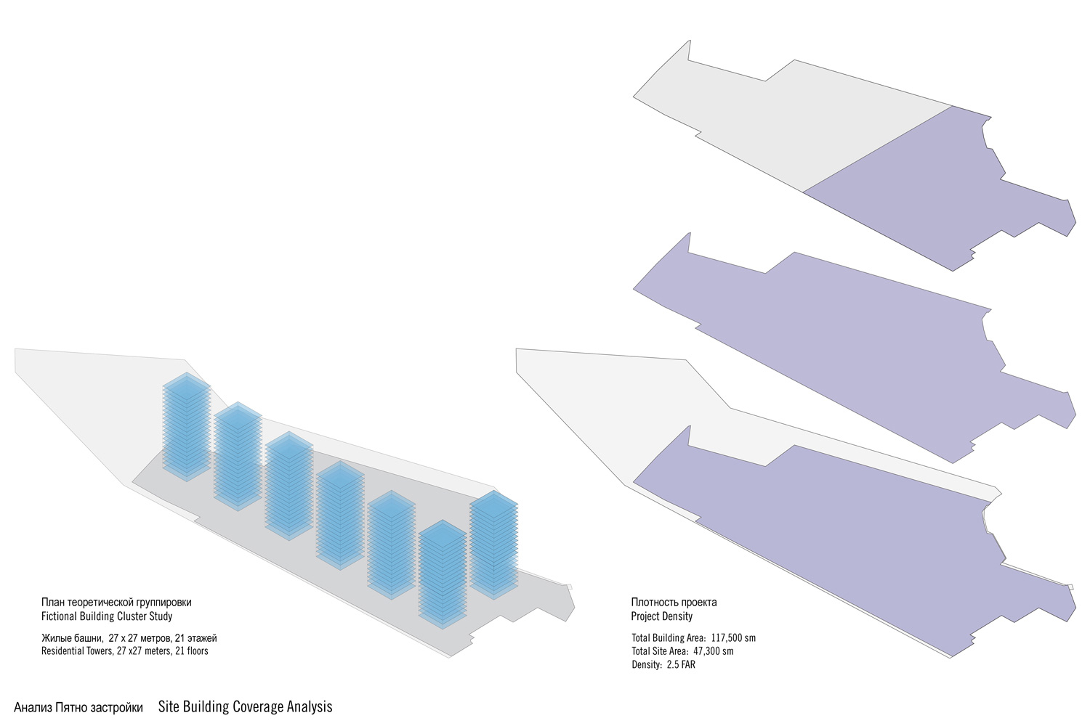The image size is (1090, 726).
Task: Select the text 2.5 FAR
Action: coord(681,664)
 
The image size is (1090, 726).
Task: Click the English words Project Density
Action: coord(661,616)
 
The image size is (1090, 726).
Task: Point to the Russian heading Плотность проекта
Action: coord(674,602)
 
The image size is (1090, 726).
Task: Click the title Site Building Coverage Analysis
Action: coord(245,706)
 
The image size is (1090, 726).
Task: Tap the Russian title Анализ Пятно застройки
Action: coord(78,707)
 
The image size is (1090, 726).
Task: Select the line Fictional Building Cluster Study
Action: coord(107,616)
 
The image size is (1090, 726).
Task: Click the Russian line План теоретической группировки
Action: coord(116,603)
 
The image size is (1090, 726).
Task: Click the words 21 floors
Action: coord(190,651)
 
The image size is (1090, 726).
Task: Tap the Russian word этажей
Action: coord(202,638)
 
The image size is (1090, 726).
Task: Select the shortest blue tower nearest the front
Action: coord(442,574)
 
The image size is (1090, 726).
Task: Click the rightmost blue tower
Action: coord(493,544)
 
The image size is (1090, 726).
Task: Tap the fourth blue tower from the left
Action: coord(340,515)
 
